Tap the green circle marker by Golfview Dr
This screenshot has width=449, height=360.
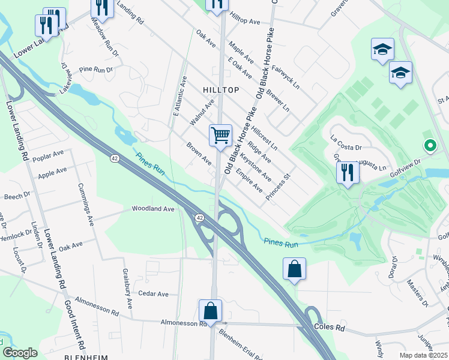coord(429,145)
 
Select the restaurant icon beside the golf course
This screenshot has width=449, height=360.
coord(348,172)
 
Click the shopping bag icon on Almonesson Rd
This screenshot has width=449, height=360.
coord(210,311)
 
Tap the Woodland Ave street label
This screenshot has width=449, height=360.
coord(153,209)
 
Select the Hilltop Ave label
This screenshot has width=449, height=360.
coord(244,20)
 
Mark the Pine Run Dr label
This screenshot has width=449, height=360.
coord(96,70)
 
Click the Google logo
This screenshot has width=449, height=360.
coord(20,352)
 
